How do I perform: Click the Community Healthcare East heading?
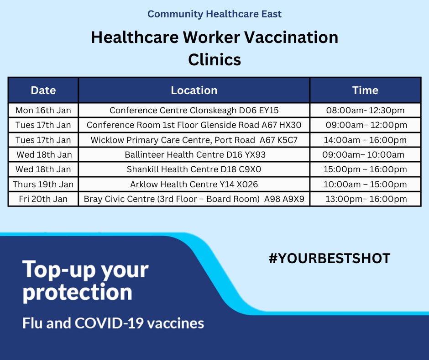[x=214, y=14]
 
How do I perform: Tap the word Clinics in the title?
[x=214, y=59]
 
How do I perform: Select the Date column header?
[x=43, y=90]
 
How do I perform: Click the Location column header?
[x=194, y=90]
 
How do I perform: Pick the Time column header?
[x=365, y=90]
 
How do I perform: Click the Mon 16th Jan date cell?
[x=43, y=111]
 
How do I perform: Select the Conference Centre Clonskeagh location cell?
[x=194, y=111]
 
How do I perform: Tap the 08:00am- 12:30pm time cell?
[x=365, y=111]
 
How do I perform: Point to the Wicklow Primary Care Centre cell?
[x=194, y=140]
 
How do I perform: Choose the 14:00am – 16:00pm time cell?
[x=365, y=140]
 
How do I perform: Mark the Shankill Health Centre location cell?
[x=194, y=169]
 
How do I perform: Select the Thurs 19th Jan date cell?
[x=43, y=184]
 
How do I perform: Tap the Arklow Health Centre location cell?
[x=194, y=184]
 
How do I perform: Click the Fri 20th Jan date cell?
[x=43, y=199]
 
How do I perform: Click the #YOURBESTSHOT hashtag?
[x=330, y=259]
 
